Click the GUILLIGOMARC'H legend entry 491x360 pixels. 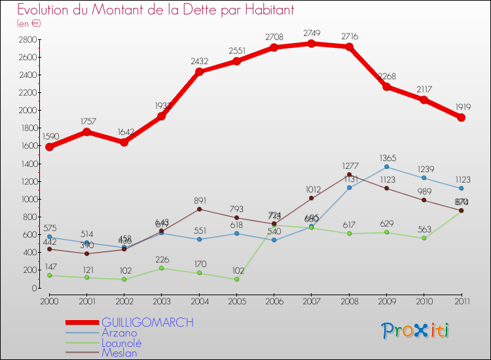point(148,323)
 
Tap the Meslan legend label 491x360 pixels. point(119,352)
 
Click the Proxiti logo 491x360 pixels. point(416,331)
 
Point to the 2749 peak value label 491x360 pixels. point(312,33)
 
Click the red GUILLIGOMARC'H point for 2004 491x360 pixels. point(199,71)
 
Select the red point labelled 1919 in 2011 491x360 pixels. point(462,117)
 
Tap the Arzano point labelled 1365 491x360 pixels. point(386,167)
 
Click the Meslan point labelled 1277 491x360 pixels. point(349,175)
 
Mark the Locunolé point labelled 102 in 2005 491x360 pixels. point(236,279)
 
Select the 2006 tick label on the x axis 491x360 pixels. point(274,301)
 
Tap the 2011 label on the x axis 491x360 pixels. point(461,301)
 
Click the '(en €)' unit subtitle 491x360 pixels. point(29,24)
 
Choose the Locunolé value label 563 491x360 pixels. point(424,229)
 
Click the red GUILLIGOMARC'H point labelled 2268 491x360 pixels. point(386,86)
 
